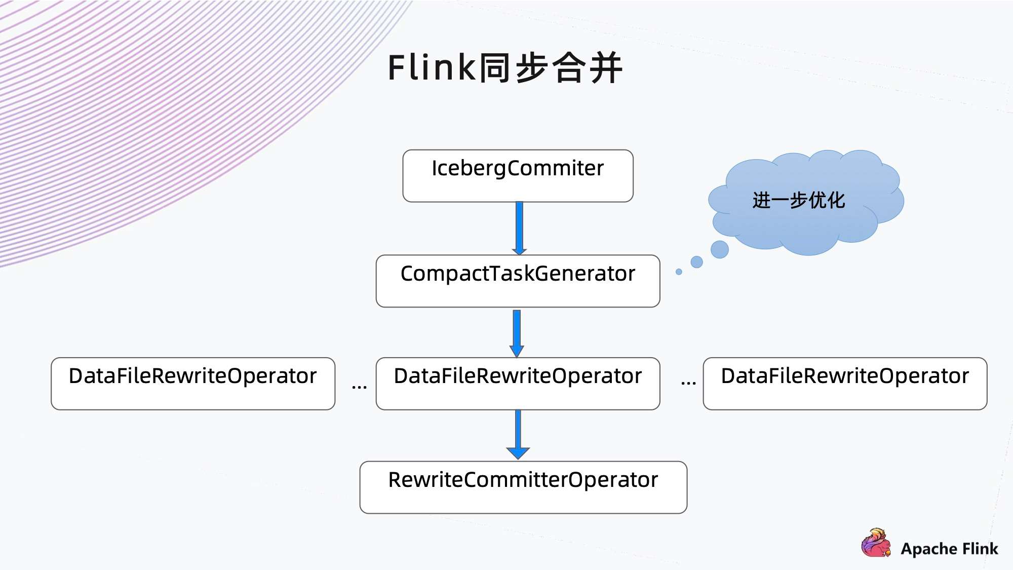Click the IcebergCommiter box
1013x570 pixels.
(518, 176)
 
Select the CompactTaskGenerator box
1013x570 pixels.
(518, 281)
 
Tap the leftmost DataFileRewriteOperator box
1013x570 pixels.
(193, 384)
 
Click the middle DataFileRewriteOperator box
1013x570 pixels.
(518, 384)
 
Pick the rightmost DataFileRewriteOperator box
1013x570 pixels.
(845, 384)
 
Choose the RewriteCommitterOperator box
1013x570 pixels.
(523, 487)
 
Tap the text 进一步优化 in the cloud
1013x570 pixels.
(799, 200)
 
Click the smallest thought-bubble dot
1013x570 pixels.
(679, 272)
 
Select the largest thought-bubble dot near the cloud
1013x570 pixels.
(719, 249)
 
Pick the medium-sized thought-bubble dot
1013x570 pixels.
(697, 262)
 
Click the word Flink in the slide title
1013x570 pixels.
(431, 67)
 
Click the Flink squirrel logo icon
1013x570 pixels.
(876, 543)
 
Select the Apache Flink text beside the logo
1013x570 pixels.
(949, 549)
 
